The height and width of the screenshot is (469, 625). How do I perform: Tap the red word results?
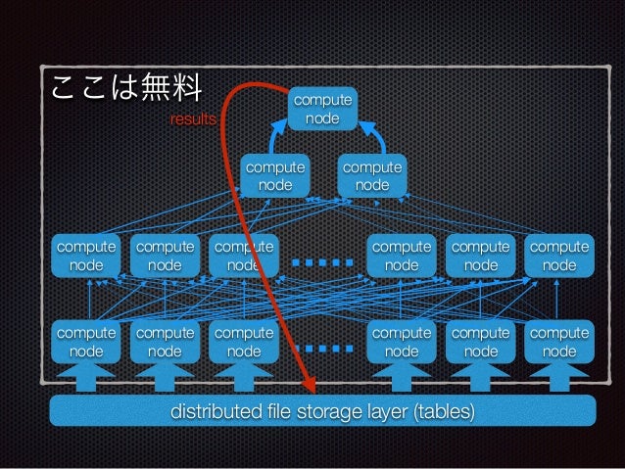pyautogui.click(x=194, y=119)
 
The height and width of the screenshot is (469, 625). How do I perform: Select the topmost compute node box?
pyautogui.click(x=322, y=109)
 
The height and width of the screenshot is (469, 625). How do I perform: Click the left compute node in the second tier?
pyautogui.click(x=274, y=176)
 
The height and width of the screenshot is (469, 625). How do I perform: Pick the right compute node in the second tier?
pyautogui.click(x=371, y=176)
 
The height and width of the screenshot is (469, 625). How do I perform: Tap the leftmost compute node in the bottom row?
pyautogui.click(x=86, y=342)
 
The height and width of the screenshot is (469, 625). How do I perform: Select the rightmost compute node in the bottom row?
pyautogui.click(x=559, y=342)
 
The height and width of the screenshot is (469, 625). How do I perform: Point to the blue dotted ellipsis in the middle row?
pyautogui.click(x=322, y=261)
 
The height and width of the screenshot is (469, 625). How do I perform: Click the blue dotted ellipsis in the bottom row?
pyautogui.click(x=322, y=347)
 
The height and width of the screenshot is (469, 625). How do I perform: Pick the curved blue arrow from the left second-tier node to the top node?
pyautogui.click(x=276, y=137)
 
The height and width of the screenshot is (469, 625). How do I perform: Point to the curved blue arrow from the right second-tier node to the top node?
pyautogui.click(x=371, y=136)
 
